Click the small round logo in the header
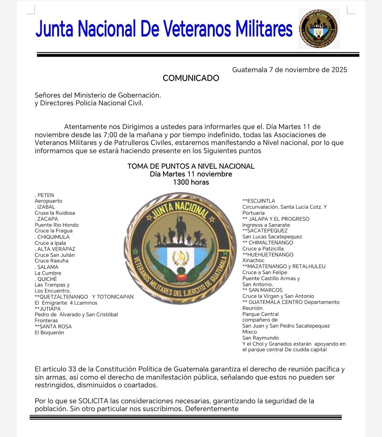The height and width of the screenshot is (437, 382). click(318, 29)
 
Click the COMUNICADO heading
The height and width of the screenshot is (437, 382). click(191, 78)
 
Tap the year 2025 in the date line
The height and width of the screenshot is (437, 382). click(339, 70)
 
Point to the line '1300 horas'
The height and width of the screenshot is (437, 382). click(191, 182)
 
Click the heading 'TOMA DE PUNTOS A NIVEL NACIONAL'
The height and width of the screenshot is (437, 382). click(191, 166)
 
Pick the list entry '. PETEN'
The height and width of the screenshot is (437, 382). click(45, 195)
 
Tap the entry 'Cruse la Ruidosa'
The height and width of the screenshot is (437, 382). click(55, 213)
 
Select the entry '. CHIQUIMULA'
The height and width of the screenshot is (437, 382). click(52, 237)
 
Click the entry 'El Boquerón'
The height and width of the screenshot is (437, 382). click(50, 333)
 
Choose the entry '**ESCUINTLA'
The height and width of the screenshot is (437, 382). click(259, 201)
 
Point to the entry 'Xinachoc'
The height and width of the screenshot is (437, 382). click(253, 260)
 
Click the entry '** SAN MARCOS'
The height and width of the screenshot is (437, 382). click(262, 290)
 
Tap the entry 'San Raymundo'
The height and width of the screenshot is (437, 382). click(260, 338)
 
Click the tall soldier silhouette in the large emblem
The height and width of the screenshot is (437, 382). click(181, 228)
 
